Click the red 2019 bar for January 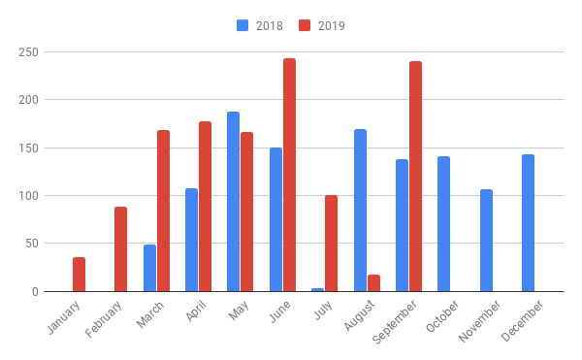[79, 275]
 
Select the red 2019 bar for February [120, 249]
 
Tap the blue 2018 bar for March [149, 268]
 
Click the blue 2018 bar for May [234, 202]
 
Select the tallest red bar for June [289, 175]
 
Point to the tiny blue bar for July [318, 289]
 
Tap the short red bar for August [373, 283]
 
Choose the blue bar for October [444, 224]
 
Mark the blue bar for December [528, 223]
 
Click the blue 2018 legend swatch [242, 25]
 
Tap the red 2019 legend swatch [304, 25]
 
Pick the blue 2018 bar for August [360, 211]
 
